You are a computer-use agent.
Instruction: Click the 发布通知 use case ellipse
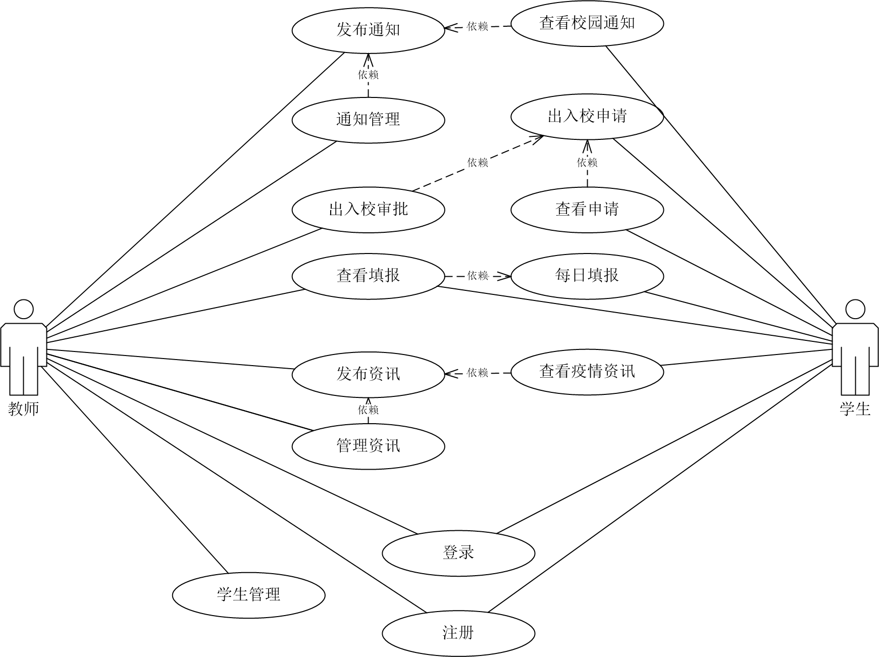tap(368, 30)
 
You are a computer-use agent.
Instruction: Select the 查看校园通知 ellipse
tap(587, 23)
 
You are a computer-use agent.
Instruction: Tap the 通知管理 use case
tap(368, 120)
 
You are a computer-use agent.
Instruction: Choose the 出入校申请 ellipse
tap(587, 116)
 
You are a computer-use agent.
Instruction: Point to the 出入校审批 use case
tap(368, 209)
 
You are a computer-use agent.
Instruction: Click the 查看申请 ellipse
tap(587, 209)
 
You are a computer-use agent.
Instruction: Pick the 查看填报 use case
tap(368, 276)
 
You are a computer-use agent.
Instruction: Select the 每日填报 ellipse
tap(587, 276)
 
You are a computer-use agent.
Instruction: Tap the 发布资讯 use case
tap(368, 374)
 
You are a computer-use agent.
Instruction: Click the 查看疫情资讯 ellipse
tap(587, 372)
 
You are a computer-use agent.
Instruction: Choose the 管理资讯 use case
tap(368, 446)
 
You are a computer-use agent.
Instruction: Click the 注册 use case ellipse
tap(458, 633)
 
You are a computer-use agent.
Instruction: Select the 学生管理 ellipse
tap(248, 594)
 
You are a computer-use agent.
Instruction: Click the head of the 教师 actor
tap(24, 309)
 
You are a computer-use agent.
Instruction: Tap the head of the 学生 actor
tap(855, 309)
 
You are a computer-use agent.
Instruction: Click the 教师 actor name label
tap(24, 409)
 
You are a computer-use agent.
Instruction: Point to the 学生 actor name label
tap(855, 409)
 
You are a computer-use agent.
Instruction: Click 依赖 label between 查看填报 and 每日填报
tap(478, 276)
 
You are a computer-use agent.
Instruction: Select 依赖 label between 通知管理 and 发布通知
tap(368, 75)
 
